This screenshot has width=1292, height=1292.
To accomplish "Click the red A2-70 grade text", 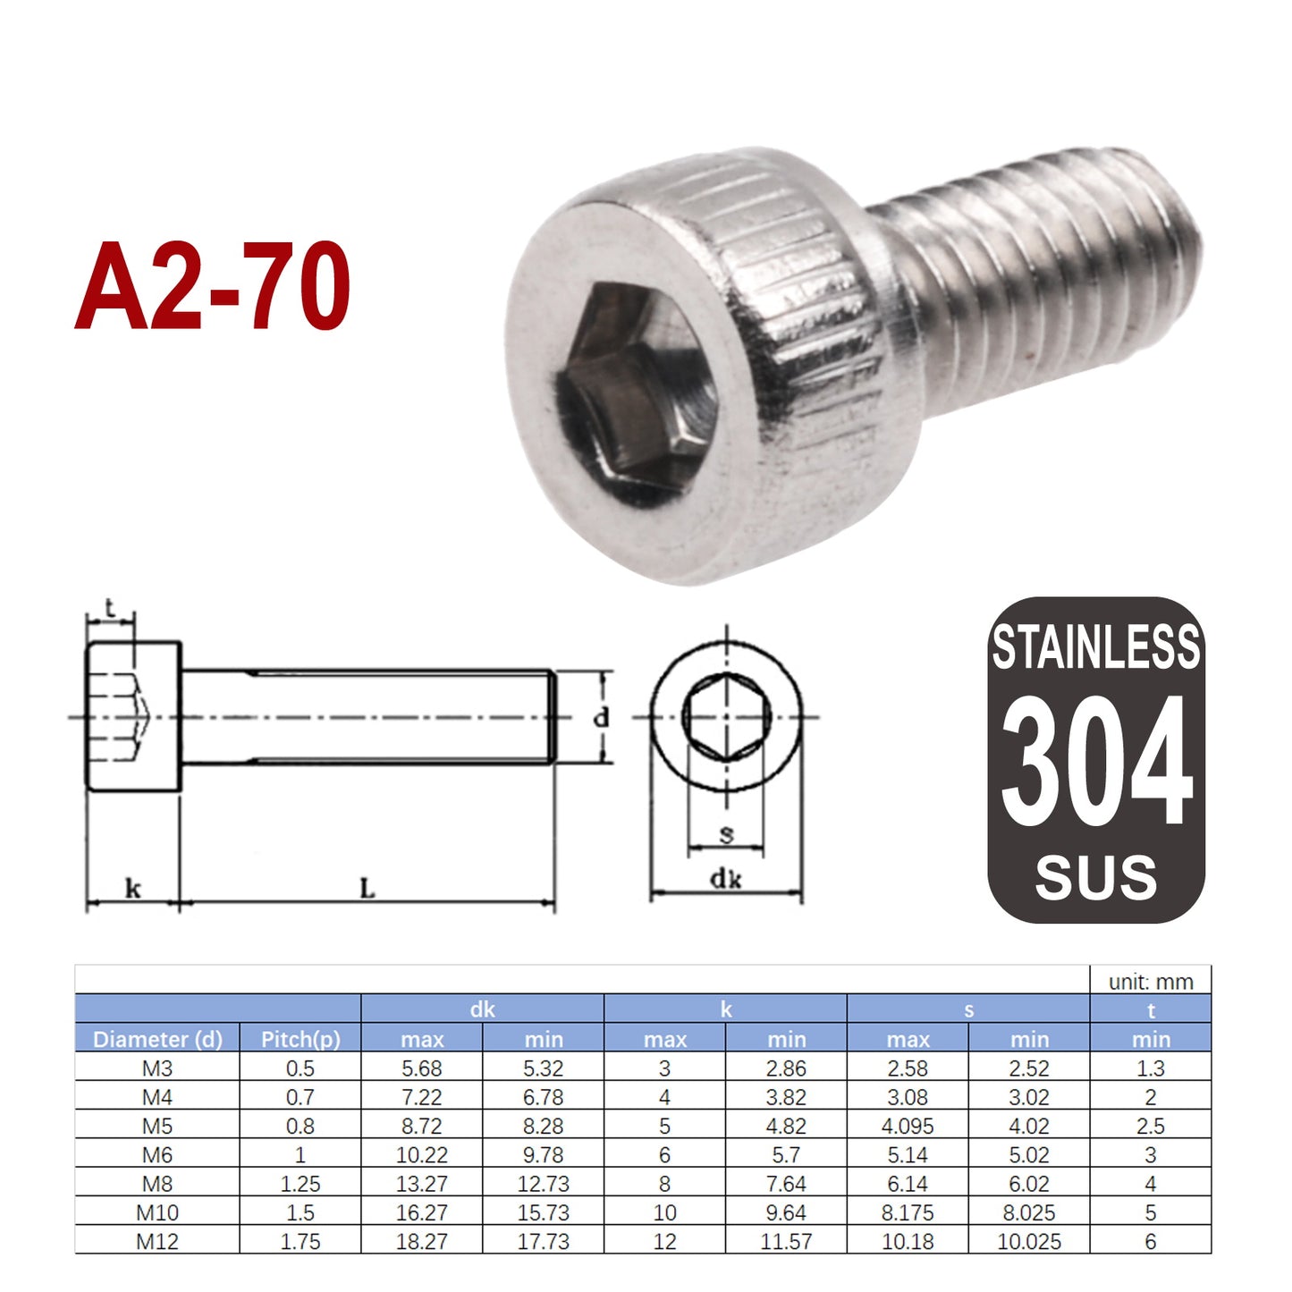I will pyautogui.click(x=212, y=286).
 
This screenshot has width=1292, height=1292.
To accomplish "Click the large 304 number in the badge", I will pyautogui.click(x=1096, y=761).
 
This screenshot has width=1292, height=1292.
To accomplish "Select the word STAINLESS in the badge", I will pyautogui.click(x=1096, y=647).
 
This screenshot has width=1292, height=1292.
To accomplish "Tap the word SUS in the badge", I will pyautogui.click(x=1096, y=877).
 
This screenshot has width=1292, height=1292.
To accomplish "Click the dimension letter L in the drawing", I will pyautogui.click(x=367, y=888).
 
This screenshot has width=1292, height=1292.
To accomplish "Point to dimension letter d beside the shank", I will pyautogui.click(x=602, y=716).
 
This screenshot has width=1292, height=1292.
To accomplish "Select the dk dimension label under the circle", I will pyautogui.click(x=725, y=879).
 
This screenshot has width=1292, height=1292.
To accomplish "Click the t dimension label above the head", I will pyautogui.click(x=110, y=609).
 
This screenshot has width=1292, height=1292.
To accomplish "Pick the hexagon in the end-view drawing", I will pyautogui.click(x=726, y=716).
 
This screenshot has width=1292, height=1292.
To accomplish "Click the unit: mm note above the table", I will pyautogui.click(x=1151, y=982).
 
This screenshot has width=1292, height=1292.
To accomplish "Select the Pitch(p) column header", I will pyautogui.click(x=300, y=1039).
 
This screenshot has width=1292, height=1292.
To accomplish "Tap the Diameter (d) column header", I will pyautogui.click(x=157, y=1039).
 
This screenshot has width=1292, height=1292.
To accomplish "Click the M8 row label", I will pyautogui.click(x=157, y=1184).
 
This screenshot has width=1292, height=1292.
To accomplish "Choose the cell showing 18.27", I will pyautogui.click(x=422, y=1241).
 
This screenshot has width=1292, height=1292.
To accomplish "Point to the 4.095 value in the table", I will pyautogui.click(x=908, y=1126).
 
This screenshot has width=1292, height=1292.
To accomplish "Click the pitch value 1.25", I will pyautogui.click(x=300, y=1184).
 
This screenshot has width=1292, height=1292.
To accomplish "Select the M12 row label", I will pyautogui.click(x=157, y=1241).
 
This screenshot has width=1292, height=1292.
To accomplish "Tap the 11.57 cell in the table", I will pyautogui.click(x=787, y=1241).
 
